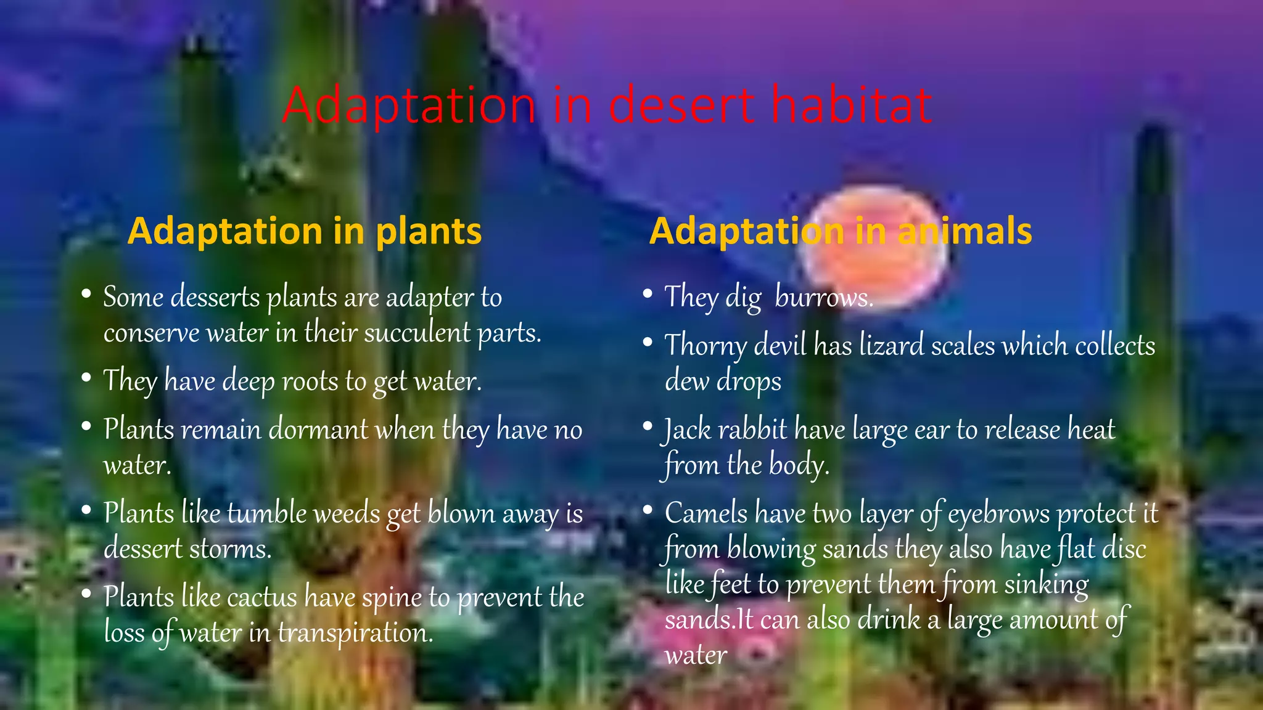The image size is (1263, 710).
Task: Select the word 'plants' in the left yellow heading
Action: point(429,232)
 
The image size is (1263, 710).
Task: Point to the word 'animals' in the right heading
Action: point(965,232)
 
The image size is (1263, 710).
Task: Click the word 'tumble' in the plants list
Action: point(267,513)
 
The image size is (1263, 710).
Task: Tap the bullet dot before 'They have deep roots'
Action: point(86,377)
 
